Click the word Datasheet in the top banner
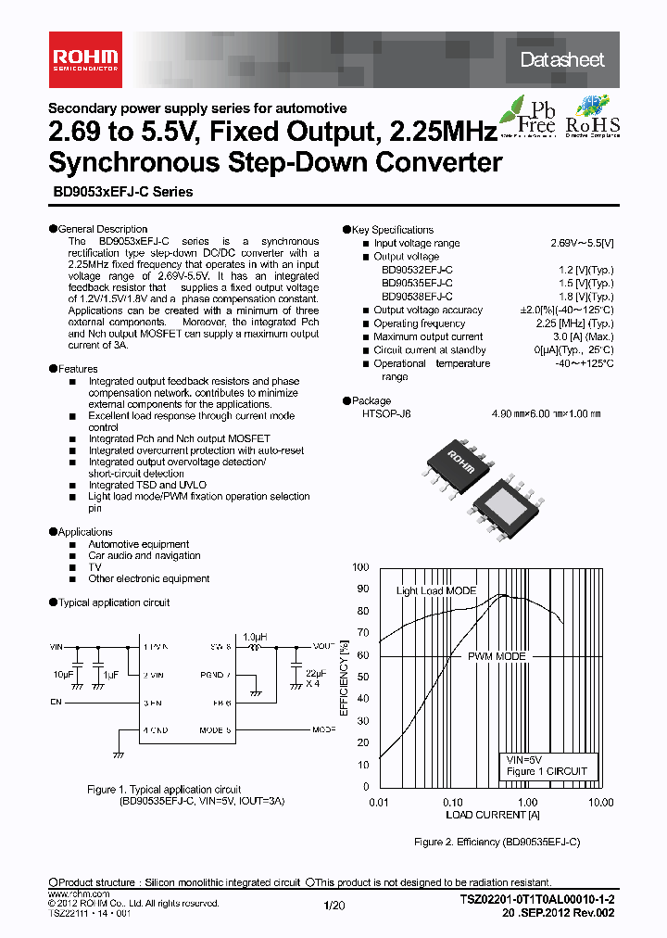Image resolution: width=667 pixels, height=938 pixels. pos(561,60)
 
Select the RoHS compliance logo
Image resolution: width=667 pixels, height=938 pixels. pos(593,117)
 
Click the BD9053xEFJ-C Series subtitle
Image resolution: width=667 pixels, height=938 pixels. pos(120,192)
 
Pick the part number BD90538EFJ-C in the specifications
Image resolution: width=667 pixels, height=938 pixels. pos(417,297)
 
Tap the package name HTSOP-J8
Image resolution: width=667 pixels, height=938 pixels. pos(386,415)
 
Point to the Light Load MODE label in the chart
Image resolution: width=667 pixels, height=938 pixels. pos(436,590)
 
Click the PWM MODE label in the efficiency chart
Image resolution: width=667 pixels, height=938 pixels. pos(497,656)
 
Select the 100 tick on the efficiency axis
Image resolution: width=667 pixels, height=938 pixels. pos(359,567)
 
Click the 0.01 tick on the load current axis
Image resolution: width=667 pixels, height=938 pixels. pos(377,802)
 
